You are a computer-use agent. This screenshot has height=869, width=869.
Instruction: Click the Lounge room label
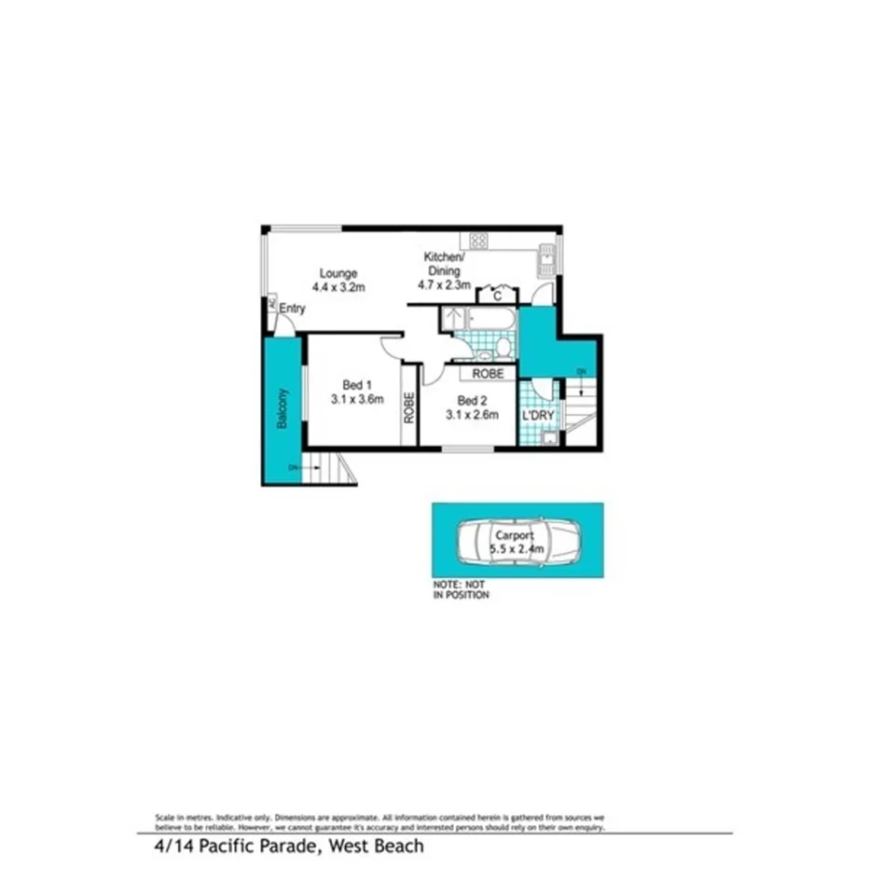click(338, 273)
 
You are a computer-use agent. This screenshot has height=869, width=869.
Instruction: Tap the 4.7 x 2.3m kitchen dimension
click(442, 285)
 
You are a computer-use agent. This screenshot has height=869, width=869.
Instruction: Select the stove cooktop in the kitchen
click(479, 240)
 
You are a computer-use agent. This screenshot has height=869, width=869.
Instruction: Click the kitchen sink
click(545, 258)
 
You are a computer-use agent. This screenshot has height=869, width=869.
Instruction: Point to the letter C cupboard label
click(497, 297)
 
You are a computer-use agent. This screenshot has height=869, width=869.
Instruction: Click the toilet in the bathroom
click(503, 347)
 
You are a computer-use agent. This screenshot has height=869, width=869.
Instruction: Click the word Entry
click(292, 309)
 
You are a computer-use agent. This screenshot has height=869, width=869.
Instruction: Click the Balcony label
click(281, 407)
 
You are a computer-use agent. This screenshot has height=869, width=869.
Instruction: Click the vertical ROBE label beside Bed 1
click(409, 407)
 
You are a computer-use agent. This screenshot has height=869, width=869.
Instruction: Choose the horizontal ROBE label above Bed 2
click(488, 373)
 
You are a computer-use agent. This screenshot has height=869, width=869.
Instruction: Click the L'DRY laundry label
click(538, 415)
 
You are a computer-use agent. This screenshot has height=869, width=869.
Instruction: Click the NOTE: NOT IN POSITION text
click(461, 589)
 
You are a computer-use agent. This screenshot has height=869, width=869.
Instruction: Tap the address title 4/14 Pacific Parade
click(288, 847)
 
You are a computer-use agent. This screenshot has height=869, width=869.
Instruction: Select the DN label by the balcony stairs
click(293, 466)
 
